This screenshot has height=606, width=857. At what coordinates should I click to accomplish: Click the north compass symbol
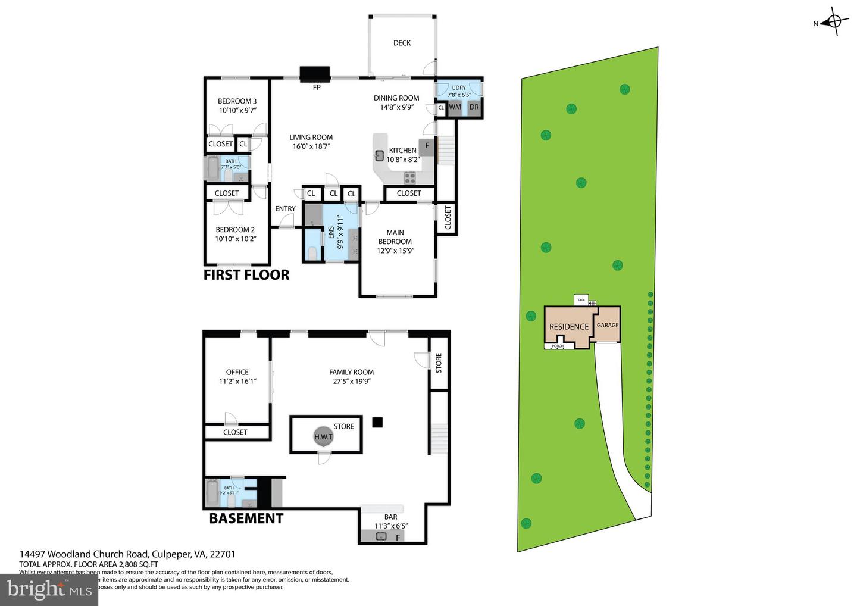pos(834,23)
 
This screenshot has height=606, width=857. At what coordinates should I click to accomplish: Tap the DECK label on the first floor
pos(402,43)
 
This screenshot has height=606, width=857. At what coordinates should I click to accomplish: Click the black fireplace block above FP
pos(314,73)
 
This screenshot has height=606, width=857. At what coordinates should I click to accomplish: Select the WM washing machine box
pos(455,107)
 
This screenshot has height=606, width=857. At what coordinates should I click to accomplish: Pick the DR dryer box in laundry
pos(474,107)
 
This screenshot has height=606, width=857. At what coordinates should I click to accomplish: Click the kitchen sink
pos(379,156)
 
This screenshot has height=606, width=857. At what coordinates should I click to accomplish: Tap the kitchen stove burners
pos(410,176)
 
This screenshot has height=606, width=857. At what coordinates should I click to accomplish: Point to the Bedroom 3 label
pos(237,101)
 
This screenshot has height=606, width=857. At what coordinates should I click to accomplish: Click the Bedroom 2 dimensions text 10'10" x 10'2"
pos(236,239)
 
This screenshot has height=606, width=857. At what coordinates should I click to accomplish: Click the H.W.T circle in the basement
pos(323,436)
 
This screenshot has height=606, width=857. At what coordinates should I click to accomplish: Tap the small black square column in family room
pos(377,422)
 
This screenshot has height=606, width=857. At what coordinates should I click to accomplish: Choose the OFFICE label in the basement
pos(237,372)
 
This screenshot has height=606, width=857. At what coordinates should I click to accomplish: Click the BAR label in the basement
pos(390,517)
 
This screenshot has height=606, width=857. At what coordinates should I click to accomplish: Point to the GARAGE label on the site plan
pos(608,325)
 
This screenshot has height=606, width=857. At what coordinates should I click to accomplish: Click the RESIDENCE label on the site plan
pos(568,326)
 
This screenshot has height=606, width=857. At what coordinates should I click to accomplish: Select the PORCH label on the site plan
pos(558,346)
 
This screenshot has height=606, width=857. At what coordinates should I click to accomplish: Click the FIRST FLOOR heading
pos(246,274)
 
